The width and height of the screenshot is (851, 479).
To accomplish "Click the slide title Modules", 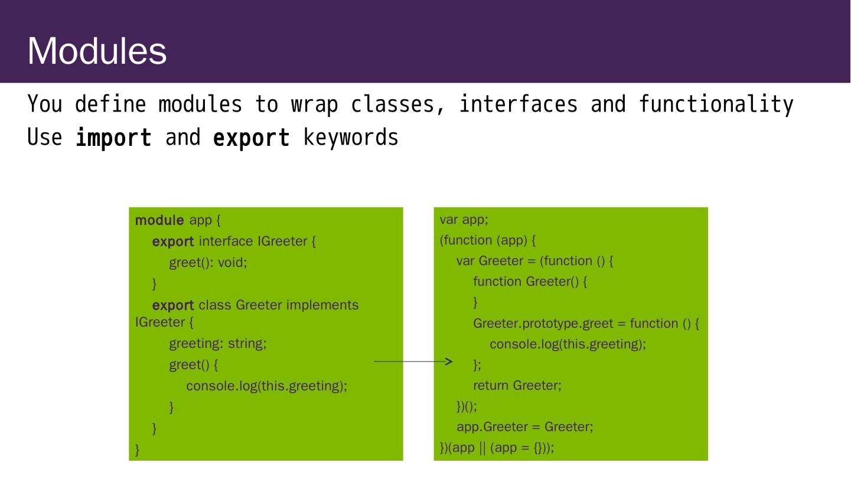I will pos(97,51).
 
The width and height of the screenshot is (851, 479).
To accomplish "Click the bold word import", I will pos(113,138).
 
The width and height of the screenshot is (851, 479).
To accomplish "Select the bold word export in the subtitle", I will pos(251,138).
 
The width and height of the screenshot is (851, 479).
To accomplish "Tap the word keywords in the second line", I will pos(351,138).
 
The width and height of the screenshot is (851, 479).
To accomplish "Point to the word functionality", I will pos(716,105).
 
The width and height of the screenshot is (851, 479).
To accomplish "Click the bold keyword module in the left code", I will pos(159,220).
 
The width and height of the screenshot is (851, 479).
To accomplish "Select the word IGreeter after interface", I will pos(282,242).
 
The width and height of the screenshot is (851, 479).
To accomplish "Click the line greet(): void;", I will pos(208,263).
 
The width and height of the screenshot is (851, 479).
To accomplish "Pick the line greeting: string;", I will pos(218,343).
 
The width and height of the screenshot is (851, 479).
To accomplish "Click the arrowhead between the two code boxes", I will pos(448,361).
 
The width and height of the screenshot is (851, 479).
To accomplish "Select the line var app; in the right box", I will pos(464,220).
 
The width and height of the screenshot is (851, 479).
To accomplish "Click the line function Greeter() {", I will pos(530,282).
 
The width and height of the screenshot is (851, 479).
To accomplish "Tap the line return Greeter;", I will pos(517,386).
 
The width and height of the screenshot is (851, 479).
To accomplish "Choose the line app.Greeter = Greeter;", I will pos(524,427).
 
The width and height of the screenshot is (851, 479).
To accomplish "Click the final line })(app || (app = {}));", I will pos(497,448).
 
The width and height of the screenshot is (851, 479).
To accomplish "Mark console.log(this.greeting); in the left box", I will pos(266,386).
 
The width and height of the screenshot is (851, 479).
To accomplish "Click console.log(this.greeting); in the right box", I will pos(568,344).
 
